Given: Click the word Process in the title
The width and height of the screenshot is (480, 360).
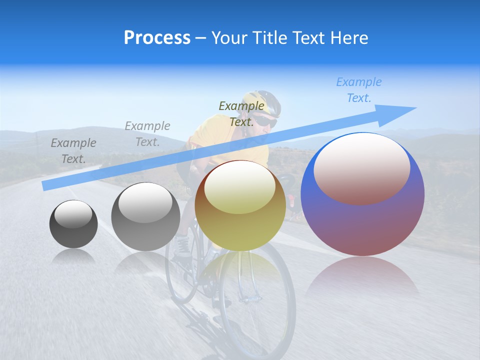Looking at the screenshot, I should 157,38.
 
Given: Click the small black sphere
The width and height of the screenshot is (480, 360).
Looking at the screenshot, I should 73,224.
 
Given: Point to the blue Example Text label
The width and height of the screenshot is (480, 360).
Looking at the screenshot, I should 359,90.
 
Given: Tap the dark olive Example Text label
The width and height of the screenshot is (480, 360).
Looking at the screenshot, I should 241,113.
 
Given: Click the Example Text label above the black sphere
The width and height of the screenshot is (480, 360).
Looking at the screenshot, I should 73,150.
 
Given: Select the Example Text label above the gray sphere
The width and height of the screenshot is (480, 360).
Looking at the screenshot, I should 147,133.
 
